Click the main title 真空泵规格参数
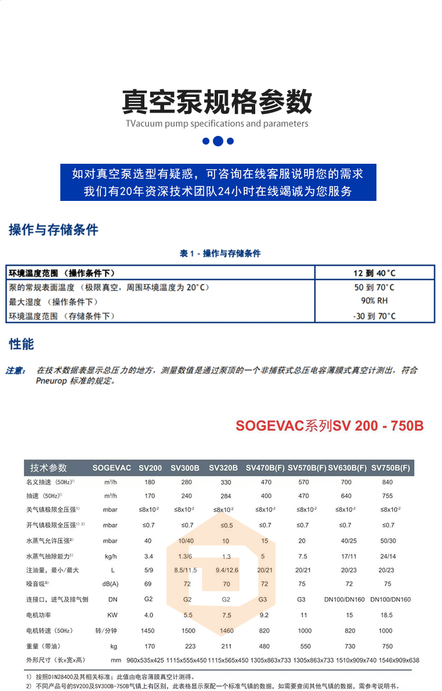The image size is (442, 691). [x=218, y=102]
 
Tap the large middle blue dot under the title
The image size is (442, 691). [x=218, y=141]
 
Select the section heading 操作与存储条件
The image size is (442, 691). [x=53, y=230]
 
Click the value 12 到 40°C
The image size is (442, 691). [x=374, y=273]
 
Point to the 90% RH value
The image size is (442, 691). [x=374, y=301]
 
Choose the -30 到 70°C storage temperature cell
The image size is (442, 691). [x=374, y=316]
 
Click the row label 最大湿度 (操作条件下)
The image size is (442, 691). [x=53, y=301]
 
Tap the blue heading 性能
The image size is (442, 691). [x=21, y=344]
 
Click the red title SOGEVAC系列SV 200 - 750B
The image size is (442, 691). [x=329, y=426]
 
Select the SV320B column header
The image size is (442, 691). [x=223, y=468]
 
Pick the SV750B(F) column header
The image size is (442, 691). [x=390, y=468]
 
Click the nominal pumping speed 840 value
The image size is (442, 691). [x=387, y=482]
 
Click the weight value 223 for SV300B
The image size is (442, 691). [x=187, y=646]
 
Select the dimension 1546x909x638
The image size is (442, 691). [x=394, y=660]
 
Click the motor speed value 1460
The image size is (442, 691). [x=226, y=631]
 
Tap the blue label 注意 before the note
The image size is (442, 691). [x=15, y=370]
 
